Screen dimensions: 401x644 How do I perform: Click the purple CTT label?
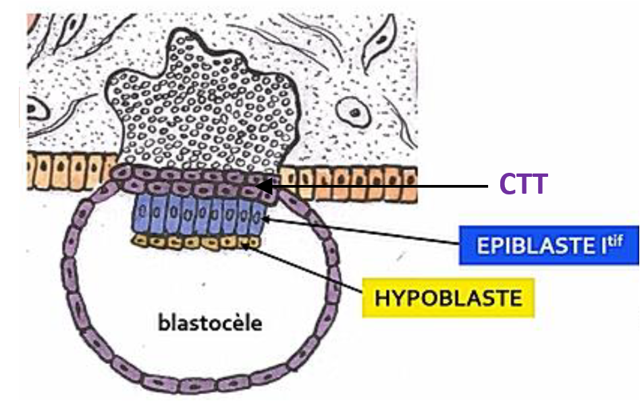[x=522, y=184]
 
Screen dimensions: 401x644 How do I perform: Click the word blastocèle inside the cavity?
[x=210, y=323]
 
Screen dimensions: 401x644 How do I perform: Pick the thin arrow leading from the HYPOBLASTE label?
[x=311, y=270]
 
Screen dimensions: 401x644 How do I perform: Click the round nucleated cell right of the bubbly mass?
[x=352, y=108]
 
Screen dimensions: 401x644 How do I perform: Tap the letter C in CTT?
[x=507, y=184]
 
